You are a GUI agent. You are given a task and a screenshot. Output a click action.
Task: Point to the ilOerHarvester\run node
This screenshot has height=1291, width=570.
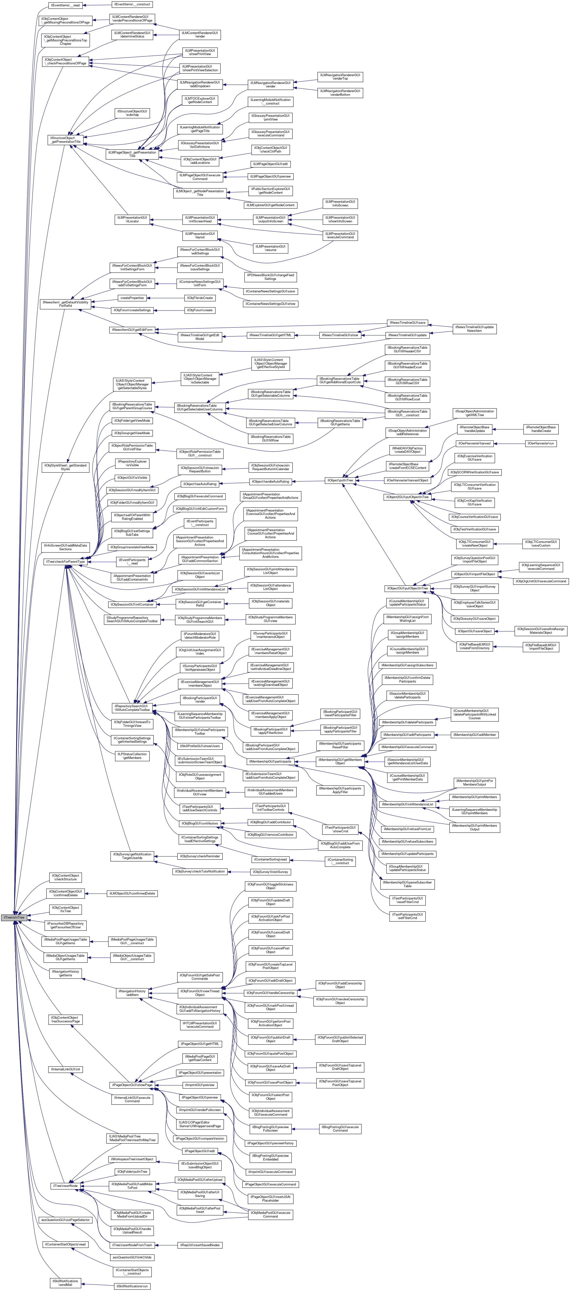(x=541, y=443)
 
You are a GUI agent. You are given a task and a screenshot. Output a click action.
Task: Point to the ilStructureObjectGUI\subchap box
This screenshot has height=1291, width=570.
(x=132, y=113)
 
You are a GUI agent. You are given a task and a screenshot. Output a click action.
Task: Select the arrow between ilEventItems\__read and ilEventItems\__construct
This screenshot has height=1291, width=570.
(x=96, y=5)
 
